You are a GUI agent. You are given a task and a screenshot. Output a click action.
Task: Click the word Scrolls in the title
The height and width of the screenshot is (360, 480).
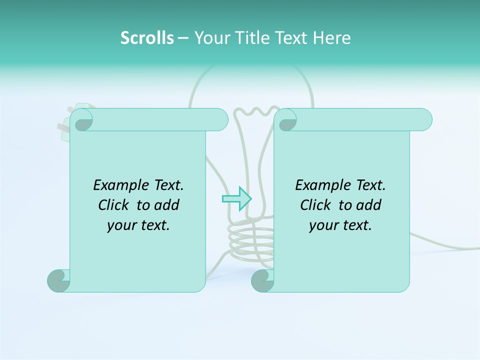pos(147,37)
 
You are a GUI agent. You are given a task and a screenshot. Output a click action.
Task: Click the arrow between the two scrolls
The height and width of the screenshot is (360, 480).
pos(236,198)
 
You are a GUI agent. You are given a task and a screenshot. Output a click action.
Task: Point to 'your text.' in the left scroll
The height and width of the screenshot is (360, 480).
pos(138,225)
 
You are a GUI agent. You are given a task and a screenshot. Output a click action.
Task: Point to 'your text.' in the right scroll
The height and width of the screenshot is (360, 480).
pos(340,225)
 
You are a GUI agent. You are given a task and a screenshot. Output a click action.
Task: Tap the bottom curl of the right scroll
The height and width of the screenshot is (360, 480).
pos(262,280)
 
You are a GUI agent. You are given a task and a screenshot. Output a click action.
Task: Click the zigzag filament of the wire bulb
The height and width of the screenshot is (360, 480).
pos(260,110)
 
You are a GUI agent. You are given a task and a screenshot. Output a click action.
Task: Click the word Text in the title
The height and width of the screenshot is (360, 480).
pos(291,37)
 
